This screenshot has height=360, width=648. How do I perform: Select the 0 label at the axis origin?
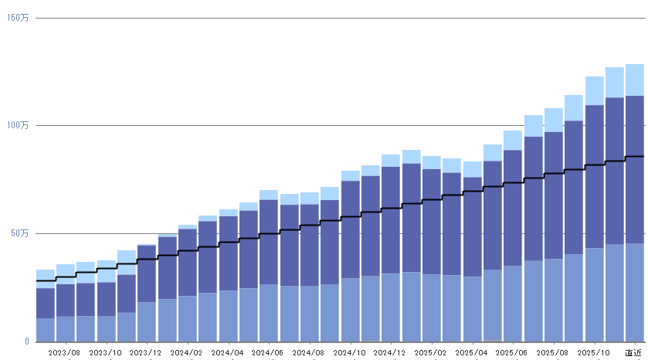(x=26, y=341)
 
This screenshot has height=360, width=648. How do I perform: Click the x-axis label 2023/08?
(x=66, y=352)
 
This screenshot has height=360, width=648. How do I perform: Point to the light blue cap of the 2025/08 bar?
(x=554, y=120)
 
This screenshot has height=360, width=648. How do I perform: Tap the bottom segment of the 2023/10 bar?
(x=107, y=328)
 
